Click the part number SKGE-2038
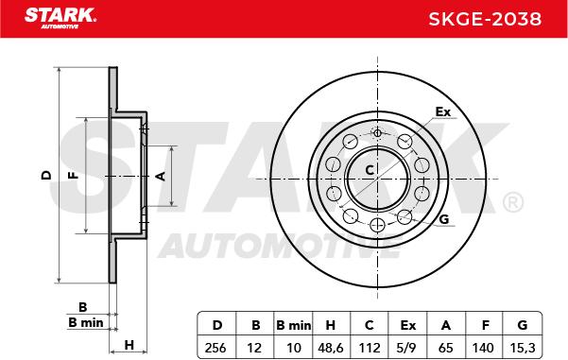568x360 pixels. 485,19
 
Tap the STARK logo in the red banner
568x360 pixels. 60,18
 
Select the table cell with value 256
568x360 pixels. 215,348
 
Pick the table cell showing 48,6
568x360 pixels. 331,348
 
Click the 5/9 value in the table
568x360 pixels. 406,348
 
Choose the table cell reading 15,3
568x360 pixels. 522,348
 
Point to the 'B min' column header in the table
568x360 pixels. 293,325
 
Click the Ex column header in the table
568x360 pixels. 408,325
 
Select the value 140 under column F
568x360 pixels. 483,348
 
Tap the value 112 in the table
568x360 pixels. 370,348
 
